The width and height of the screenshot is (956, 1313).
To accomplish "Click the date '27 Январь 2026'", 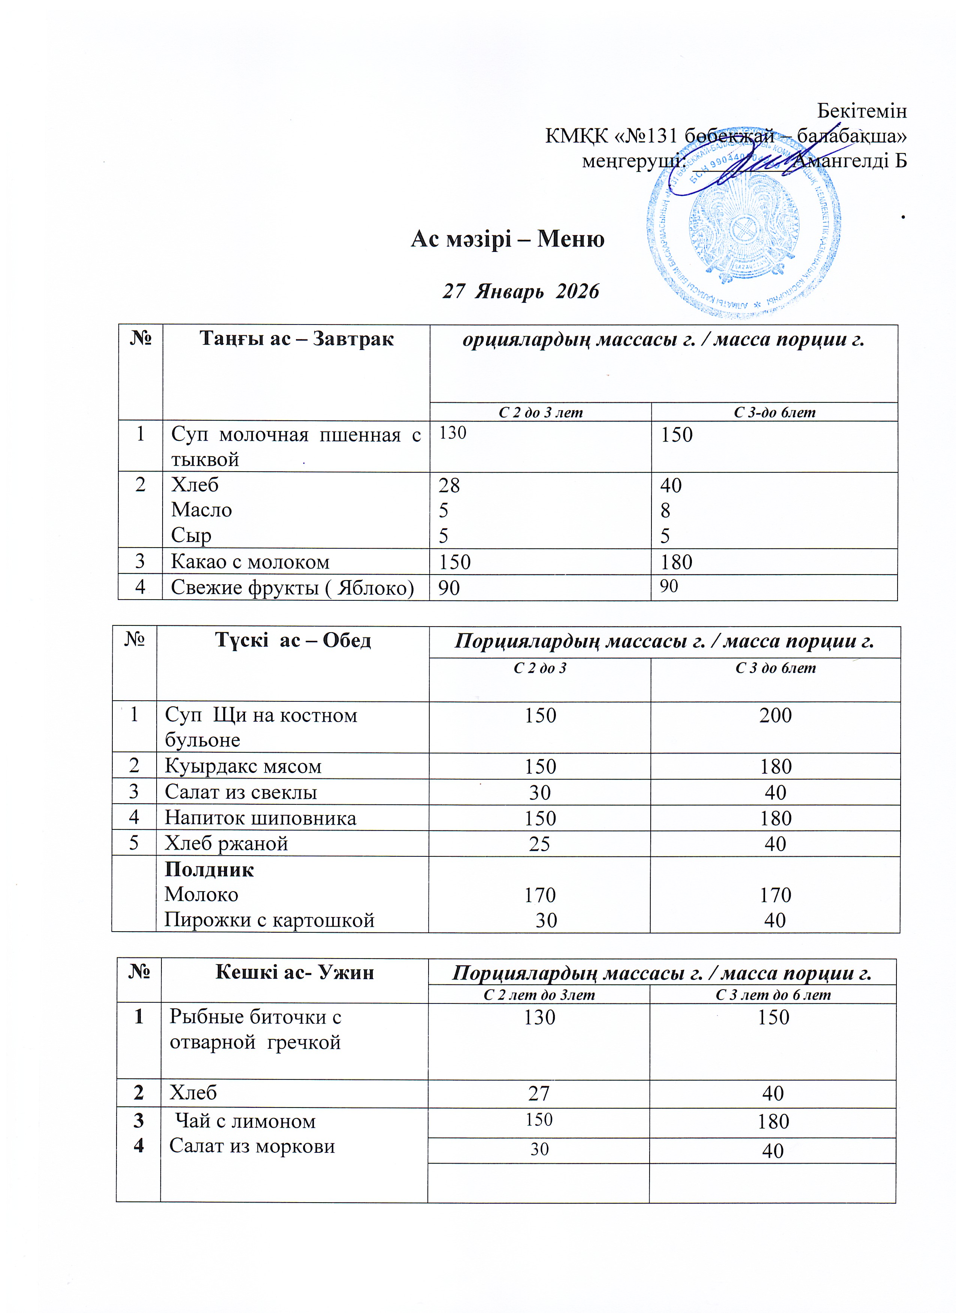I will click(x=520, y=291).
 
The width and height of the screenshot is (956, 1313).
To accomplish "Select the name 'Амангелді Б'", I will click(x=849, y=160).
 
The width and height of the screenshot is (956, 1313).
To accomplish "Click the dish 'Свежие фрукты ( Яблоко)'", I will click(x=292, y=588).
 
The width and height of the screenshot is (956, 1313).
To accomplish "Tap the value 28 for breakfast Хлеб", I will click(x=449, y=485).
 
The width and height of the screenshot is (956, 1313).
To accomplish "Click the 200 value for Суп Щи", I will click(x=775, y=716).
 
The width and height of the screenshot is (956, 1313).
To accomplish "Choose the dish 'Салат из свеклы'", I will click(x=240, y=792).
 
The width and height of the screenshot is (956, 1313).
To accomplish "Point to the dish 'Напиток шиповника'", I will click(x=260, y=818).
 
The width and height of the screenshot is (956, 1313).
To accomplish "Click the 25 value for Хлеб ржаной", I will click(x=539, y=844).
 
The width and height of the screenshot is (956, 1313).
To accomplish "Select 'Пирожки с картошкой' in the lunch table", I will click(x=269, y=920).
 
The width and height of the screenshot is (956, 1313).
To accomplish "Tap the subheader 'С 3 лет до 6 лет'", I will click(x=773, y=995).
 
